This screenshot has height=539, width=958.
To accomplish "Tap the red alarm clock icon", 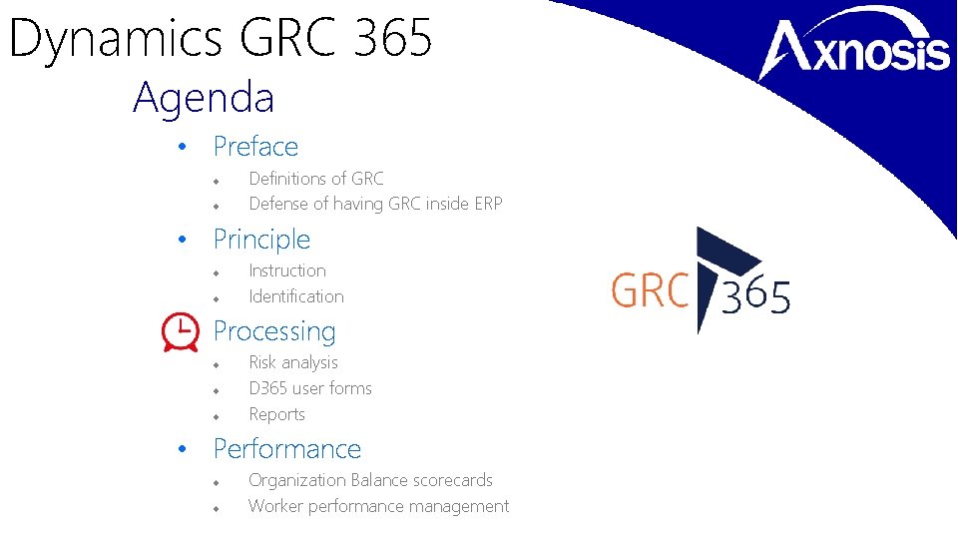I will coord(180,332).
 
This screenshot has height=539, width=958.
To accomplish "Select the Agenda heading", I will coord(204,98).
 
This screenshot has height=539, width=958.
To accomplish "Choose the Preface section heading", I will coord(255,147).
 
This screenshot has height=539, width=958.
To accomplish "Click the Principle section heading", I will coord(261,240).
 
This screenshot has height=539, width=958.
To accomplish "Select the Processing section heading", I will coord(274,331).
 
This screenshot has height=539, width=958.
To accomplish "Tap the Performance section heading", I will coord(287,449).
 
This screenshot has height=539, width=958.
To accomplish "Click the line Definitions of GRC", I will coord(315,179).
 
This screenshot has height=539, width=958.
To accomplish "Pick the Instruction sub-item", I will coord(287,270).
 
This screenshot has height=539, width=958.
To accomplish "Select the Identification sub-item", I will coord(296,296).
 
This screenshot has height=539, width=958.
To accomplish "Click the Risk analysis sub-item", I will coord(293,362).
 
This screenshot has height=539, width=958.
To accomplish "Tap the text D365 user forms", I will coord(310,388).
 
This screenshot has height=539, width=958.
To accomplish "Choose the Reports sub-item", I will coord(276,414).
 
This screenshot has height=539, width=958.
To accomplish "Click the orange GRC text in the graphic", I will coord(650,292).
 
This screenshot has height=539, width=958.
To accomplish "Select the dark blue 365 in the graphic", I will coord(755,296).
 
